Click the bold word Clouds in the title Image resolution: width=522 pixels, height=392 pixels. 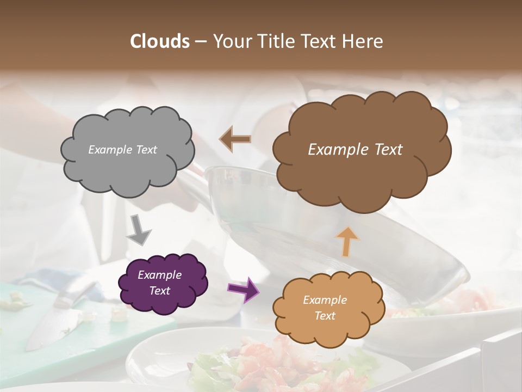pos(159,41)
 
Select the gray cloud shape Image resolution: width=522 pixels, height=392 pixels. pos(127,169)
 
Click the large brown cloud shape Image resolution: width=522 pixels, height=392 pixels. pos(361,180)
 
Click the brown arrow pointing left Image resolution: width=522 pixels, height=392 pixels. pos(235,139)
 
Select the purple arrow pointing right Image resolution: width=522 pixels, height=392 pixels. pos(243,289)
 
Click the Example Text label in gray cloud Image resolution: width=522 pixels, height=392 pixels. pos(122,150)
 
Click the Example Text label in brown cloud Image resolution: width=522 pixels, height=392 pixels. pos(355,150)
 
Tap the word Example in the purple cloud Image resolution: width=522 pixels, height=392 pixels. pos(159,275)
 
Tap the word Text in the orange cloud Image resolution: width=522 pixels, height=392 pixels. pos(325,316)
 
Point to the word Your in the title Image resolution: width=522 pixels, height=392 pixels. pos(229,41)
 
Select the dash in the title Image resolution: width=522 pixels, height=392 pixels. pos(200,41)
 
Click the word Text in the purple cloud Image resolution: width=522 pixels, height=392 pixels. pos(159,291)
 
